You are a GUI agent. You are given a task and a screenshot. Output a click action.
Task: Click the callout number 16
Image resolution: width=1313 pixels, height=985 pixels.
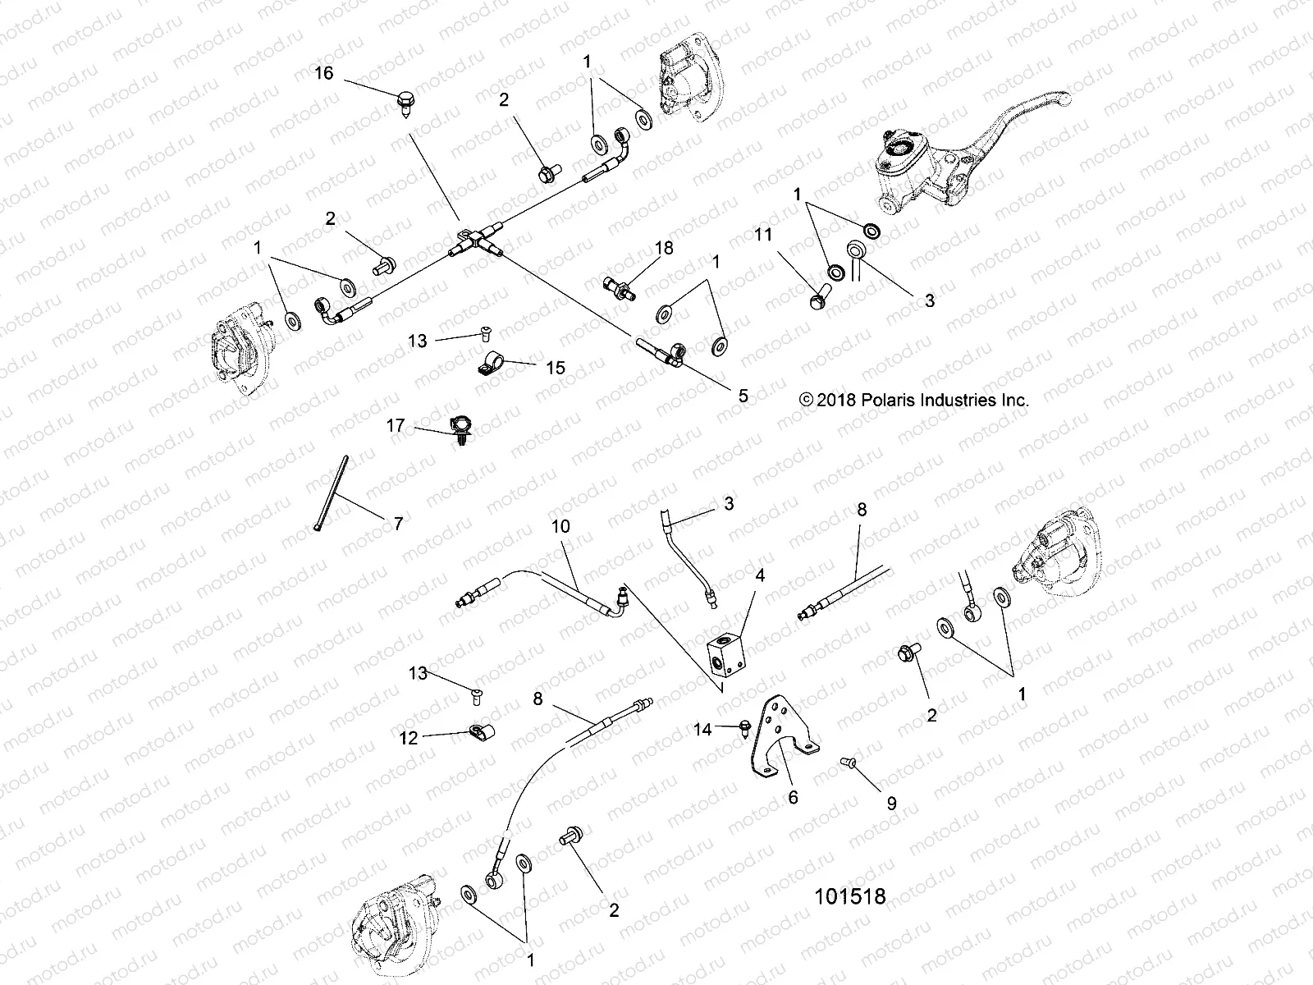[x=324, y=74]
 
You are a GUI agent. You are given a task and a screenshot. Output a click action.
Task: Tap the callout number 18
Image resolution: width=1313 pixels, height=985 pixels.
[x=663, y=249]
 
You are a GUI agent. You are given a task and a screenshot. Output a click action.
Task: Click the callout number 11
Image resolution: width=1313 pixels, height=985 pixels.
[x=763, y=236]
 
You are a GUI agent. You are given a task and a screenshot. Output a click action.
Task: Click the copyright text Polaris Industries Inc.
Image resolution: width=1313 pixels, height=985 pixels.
[x=913, y=400]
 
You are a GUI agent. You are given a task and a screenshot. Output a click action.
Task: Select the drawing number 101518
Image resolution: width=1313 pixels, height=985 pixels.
[x=849, y=896]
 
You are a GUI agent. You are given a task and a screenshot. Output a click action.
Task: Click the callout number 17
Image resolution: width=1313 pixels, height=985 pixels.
[x=396, y=425]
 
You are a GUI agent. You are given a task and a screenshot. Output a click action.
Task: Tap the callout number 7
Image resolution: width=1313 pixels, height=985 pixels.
[x=399, y=524]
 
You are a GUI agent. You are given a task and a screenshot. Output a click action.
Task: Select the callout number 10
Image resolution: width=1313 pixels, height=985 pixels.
[x=560, y=526]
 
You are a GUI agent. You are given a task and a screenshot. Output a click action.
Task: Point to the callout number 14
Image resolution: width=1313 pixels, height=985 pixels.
[x=702, y=728]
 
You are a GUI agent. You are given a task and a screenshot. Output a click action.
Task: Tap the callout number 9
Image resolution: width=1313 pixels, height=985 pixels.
[x=891, y=804]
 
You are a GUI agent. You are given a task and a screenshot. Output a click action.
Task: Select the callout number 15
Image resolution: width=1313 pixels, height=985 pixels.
[x=556, y=367]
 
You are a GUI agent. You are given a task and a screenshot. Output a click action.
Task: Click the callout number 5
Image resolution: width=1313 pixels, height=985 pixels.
[x=743, y=396]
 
